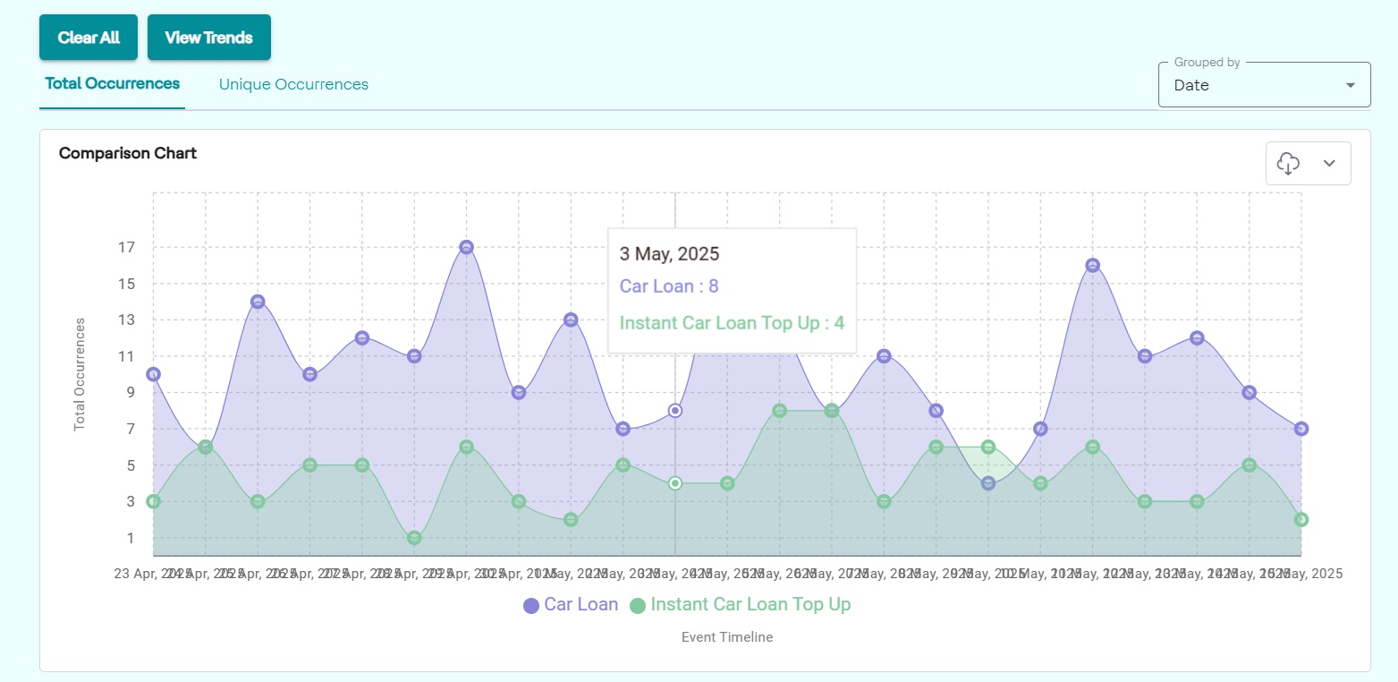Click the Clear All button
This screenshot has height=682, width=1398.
point(89,38)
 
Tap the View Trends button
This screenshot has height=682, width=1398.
point(208,38)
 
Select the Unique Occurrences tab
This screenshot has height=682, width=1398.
point(293,84)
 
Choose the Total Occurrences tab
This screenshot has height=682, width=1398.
point(113,84)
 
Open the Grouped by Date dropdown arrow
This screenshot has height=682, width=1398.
point(1350,86)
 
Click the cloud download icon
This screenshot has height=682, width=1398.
point(1288,163)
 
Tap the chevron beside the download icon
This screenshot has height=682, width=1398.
point(1329,163)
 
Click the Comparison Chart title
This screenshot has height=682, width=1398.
point(128,153)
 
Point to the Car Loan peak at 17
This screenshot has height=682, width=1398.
point(466,247)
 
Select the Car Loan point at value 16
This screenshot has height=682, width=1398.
point(1092,266)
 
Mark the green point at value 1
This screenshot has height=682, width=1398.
point(414,538)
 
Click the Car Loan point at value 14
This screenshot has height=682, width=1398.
point(258,302)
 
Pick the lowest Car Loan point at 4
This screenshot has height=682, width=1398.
point(987,483)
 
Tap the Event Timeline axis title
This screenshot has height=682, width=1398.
point(726,637)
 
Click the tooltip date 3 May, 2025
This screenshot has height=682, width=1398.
point(669,253)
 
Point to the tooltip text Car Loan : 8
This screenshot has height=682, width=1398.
point(669,286)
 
